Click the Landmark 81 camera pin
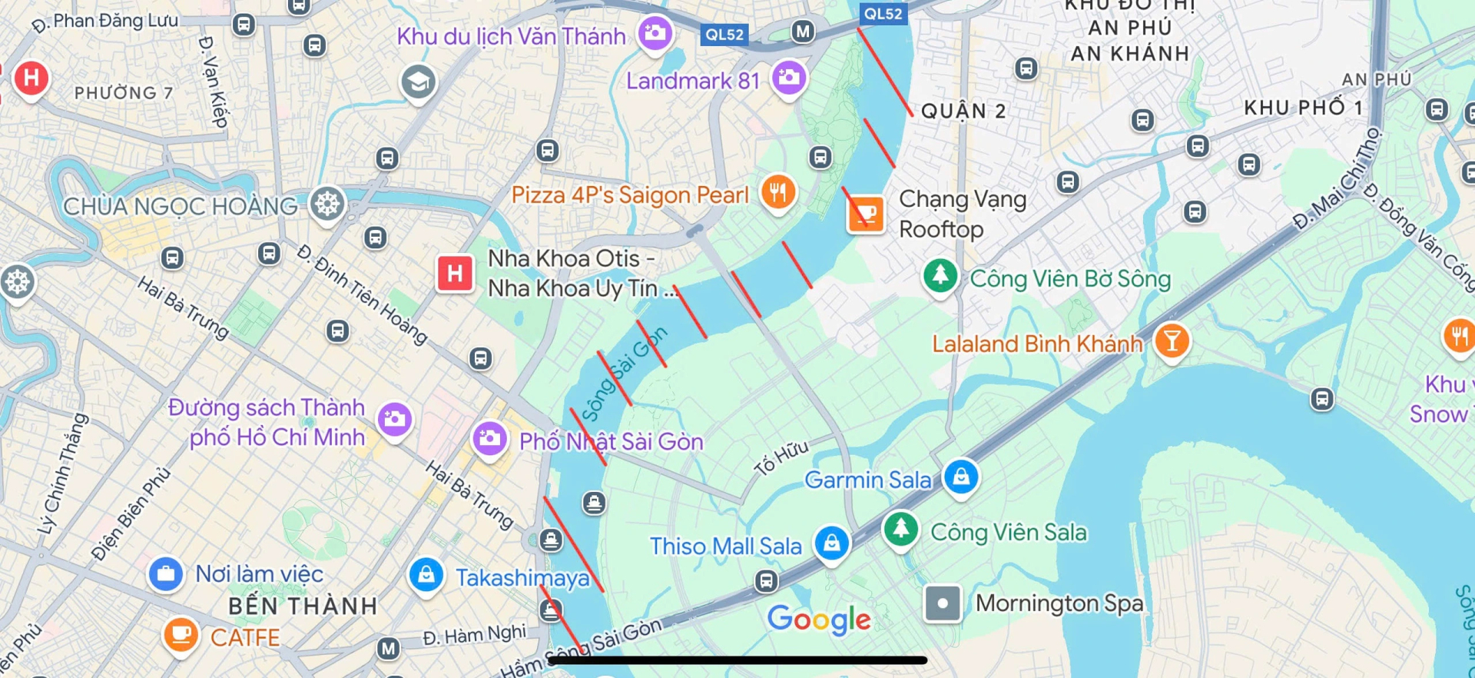[x=789, y=78]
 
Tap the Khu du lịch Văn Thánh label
[x=511, y=36]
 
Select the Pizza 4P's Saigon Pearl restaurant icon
[x=778, y=191]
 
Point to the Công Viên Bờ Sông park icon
[x=940, y=275]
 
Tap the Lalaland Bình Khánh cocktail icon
[x=1172, y=340]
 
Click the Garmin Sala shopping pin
[x=961, y=477]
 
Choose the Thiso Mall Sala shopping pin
[x=831, y=543]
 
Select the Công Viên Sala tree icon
[x=901, y=529]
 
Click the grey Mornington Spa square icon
[x=943, y=603]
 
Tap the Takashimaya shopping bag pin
[x=426, y=575]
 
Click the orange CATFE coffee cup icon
[x=181, y=634]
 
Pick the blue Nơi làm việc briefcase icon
[x=165, y=573]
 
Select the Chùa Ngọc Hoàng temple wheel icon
[x=327, y=204]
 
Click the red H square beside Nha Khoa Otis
[x=455, y=273]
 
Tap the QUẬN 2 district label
[x=963, y=111]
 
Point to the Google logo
[x=819, y=620]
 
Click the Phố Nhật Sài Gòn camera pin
[x=489, y=439]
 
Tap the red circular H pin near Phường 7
[x=31, y=78]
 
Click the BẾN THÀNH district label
[x=303, y=607]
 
